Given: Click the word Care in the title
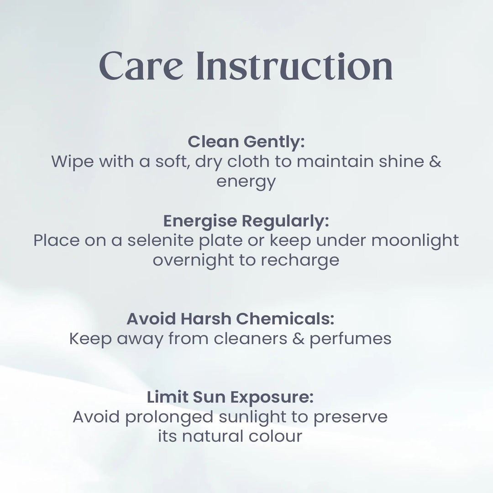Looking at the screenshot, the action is [x=141, y=66].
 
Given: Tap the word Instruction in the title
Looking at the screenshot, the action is [x=294, y=66].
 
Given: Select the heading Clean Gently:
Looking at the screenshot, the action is [x=246, y=142].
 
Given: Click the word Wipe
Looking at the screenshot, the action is [x=72, y=161].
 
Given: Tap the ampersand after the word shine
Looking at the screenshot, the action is [x=435, y=162].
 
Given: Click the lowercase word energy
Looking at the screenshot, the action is [x=246, y=182].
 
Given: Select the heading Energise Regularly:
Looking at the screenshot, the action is [x=246, y=221].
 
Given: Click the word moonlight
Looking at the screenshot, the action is [x=415, y=241].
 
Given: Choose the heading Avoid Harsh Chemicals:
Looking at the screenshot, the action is [x=231, y=319].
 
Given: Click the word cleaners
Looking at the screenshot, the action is [x=251, y=339].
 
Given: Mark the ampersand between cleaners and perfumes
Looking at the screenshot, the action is [x=299, y=339].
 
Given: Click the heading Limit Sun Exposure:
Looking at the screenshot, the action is [x=231, y=397].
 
